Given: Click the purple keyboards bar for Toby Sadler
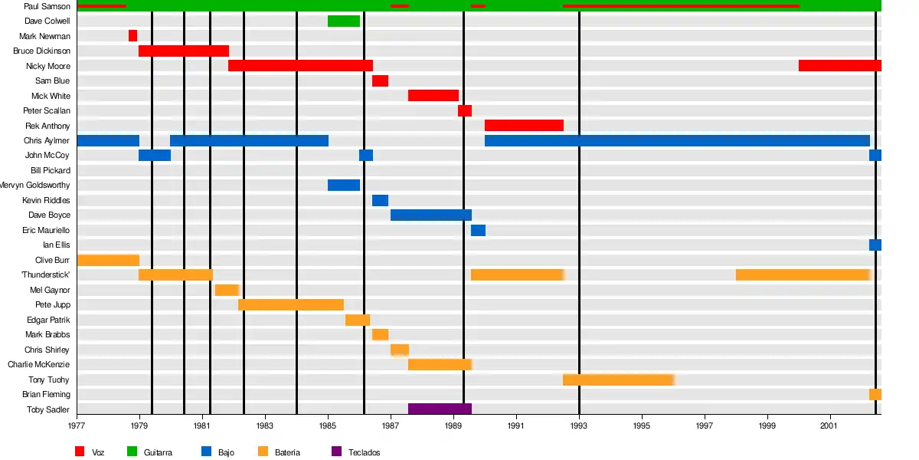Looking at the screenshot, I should coord(440,409).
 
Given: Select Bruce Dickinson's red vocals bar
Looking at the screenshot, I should coord(184,51).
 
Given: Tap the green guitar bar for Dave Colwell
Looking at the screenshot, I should coord(344,21).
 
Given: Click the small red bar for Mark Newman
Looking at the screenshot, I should coord(132,36).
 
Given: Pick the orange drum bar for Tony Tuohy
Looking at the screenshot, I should coord(618,379).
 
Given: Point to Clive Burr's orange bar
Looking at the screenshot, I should coord(108,260).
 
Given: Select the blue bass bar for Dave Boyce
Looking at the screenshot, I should coord(430,215).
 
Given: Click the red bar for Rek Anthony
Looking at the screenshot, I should coord(524,126).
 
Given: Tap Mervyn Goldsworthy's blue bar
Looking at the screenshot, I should coord(344,186).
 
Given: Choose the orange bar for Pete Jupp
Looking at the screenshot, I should coord(291,305).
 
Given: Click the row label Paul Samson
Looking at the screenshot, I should coord(47,6).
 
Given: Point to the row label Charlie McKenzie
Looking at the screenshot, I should coord(39,365).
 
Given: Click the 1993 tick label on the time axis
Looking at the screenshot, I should coord(579,425).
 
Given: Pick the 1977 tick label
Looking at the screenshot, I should coord(77,425).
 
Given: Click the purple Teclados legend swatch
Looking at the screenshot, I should coord(337,452).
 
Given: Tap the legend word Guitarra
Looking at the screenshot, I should coord(158,452).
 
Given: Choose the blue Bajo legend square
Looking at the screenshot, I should coord(205,452).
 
